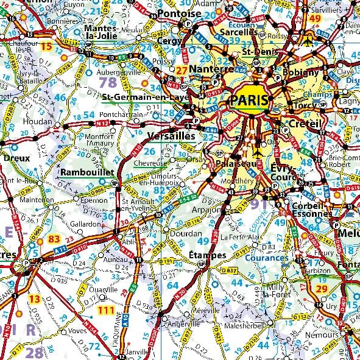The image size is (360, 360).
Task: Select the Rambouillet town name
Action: pyautogui.click(x=87, y=172)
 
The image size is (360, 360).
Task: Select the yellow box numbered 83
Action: pyautogui.click(x=54, y=239)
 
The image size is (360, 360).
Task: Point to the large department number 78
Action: pyautogui.click(x=108, y=82)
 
